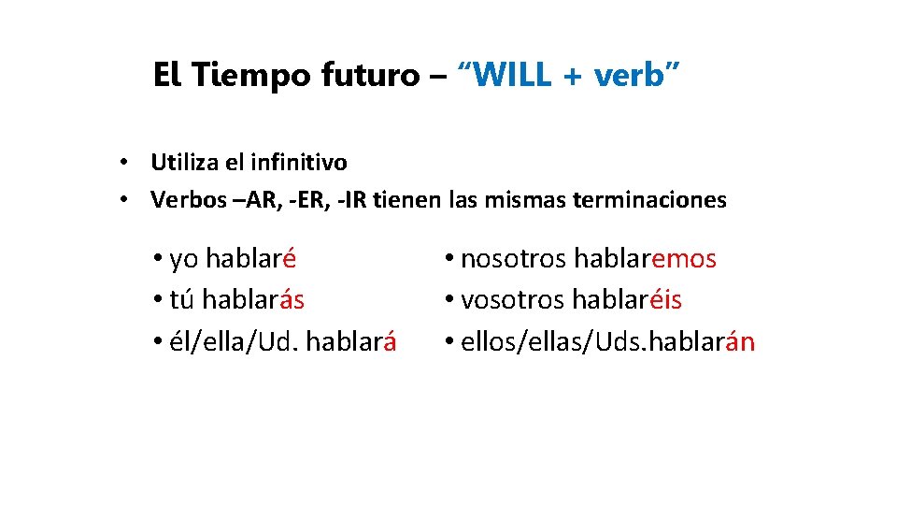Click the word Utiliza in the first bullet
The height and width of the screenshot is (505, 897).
tap(184, 163)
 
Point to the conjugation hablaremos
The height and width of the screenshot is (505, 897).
tap(645, 258)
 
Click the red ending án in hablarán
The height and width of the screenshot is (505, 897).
tap(738, 342)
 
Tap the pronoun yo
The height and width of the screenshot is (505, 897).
tap(184, 258)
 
